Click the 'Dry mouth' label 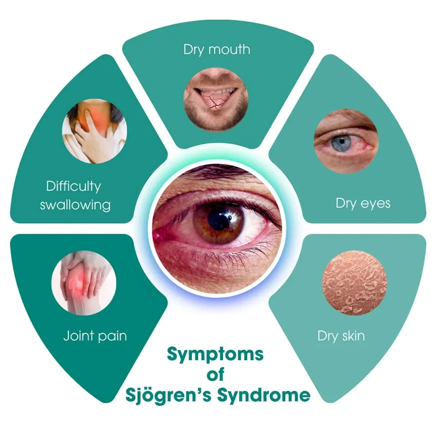pos(217,50)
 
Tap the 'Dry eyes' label pos(363,204)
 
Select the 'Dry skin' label pos(341,336)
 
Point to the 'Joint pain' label pos(95,336)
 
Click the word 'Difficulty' pos(74,186)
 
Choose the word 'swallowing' pos(75,205)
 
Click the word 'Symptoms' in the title pos(215,354)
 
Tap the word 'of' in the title pos(215,375)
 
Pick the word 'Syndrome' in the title pos(263,395)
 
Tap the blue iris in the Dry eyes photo pos(342,142)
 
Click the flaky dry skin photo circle pos(355,283)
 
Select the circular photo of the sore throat pos(94,131)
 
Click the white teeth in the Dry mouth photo pos(216,91)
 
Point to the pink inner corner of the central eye pos(158,236)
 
